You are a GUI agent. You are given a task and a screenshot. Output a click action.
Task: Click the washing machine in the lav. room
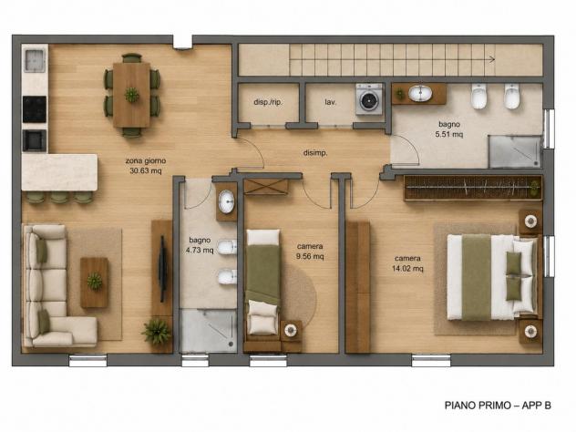tap(369, 98)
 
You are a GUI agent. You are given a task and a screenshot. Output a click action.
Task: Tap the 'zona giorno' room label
tap(146, 161)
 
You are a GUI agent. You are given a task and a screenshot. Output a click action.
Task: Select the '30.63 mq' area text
tap(146, 170)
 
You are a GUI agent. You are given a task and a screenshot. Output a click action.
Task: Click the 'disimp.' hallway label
tap(315, 153)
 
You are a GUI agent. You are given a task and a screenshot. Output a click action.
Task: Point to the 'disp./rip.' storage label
tap(268, 102)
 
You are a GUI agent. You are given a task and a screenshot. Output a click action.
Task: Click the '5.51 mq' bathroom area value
tap(449, 135)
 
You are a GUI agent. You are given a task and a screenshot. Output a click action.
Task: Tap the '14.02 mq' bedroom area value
tap(407, 269)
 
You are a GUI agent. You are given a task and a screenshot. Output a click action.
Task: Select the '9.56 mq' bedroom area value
tap(310, 256)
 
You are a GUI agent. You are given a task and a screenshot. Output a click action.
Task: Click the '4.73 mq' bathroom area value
tap(200, 250)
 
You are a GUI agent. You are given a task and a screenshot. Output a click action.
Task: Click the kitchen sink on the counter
tap(35, 61)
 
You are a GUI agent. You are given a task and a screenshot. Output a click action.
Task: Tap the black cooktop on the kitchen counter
tap(35, 109)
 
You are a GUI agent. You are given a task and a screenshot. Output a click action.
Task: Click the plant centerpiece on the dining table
tap(131, 95)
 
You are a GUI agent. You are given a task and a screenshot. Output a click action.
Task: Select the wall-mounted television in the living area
tap(162, 269)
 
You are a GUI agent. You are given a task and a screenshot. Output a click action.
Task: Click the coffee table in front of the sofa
tap(95, 283)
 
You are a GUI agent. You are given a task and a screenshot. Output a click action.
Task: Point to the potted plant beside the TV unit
tap(157, 332)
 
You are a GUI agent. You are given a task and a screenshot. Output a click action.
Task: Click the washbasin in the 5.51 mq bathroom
tap(420, 94)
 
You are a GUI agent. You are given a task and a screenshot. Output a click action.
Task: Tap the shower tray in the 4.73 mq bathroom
tap(208, 331)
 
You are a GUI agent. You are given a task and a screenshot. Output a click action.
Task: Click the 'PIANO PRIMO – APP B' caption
tap(498, 406)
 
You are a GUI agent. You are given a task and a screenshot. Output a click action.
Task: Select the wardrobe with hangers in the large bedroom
tap(473, 188)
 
